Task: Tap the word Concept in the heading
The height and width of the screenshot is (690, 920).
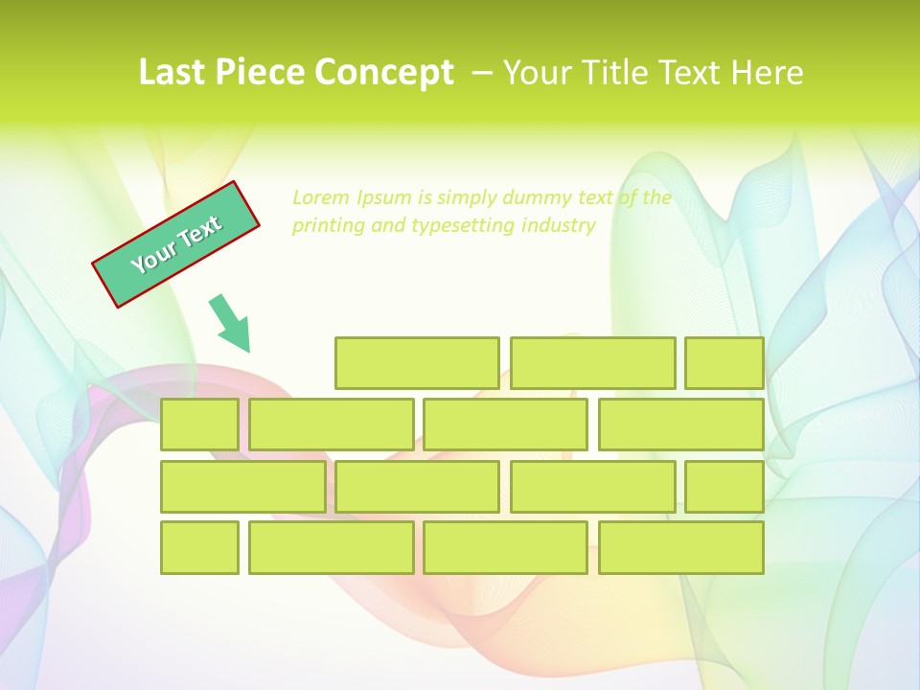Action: pos(384,73)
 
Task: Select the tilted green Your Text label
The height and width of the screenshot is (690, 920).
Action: pos(176,243)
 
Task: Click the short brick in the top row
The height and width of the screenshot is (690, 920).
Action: pos(724,363)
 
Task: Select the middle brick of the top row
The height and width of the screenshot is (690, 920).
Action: pos(592,363)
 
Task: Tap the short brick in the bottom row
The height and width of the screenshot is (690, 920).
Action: pos(199,547)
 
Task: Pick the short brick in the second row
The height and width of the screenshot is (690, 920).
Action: pos(199,425)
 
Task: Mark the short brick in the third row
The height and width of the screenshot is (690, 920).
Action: pos(724,486)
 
